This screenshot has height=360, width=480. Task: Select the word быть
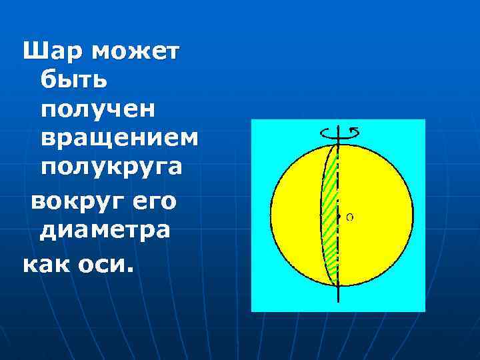[x=71, y=80]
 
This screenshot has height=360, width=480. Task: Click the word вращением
[x=119, y=138]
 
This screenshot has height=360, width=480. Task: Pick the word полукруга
[x=111, y=167]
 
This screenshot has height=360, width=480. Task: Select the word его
[x=154, y=201]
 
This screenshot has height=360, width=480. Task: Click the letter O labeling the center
[x=350, y=217]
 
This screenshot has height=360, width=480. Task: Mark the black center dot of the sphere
[x=339, y=217]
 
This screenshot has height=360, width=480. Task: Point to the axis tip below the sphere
[x=339, y=298]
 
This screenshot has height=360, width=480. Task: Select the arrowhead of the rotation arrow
[x=355, y=130]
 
